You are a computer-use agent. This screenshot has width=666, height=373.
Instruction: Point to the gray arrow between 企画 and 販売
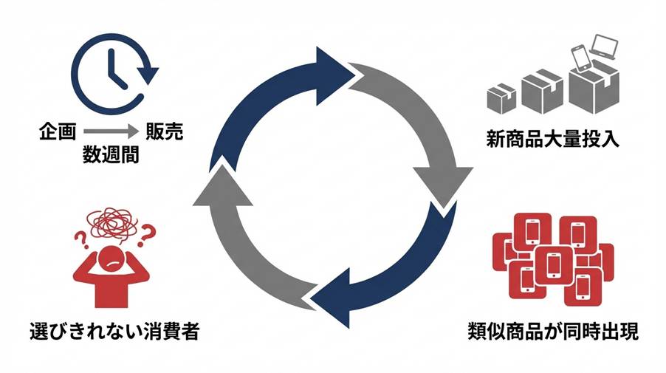click(111, 133)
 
